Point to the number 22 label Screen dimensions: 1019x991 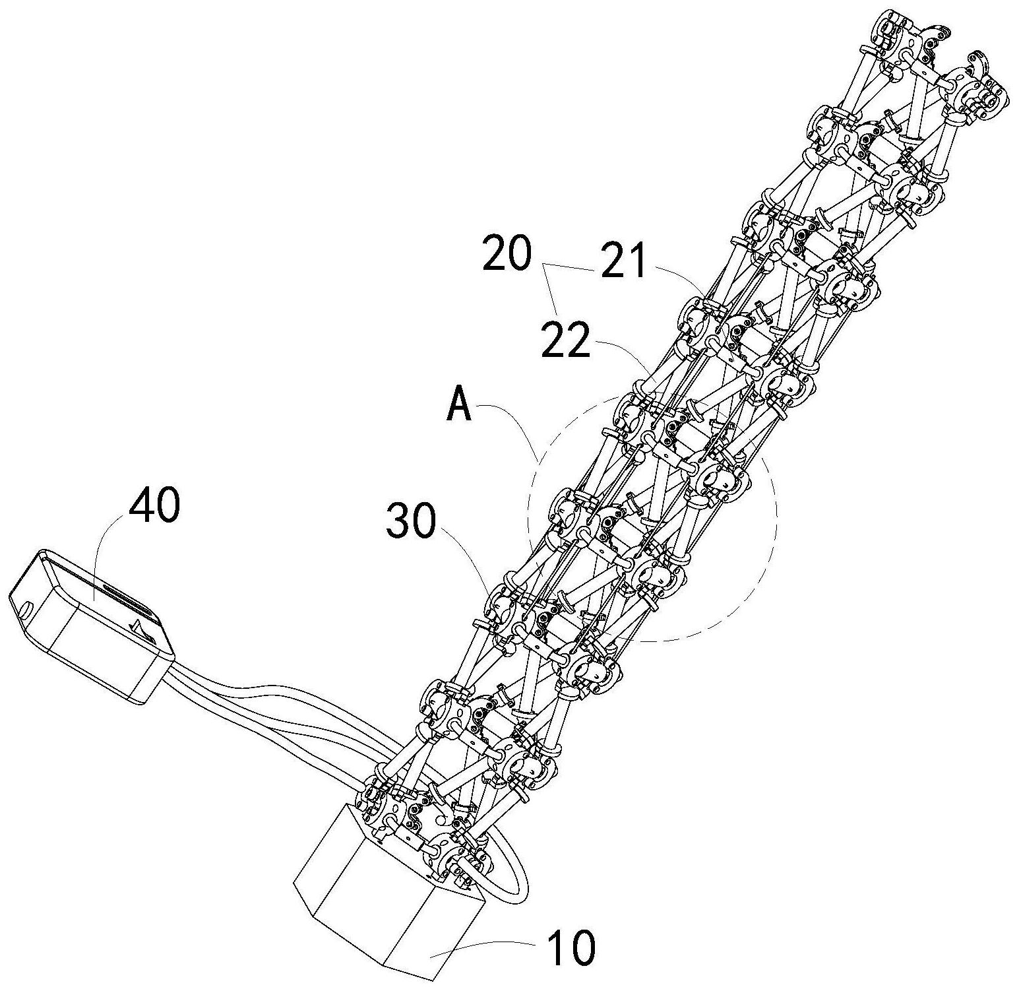coord(565,340)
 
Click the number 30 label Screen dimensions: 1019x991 coord(411,519)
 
